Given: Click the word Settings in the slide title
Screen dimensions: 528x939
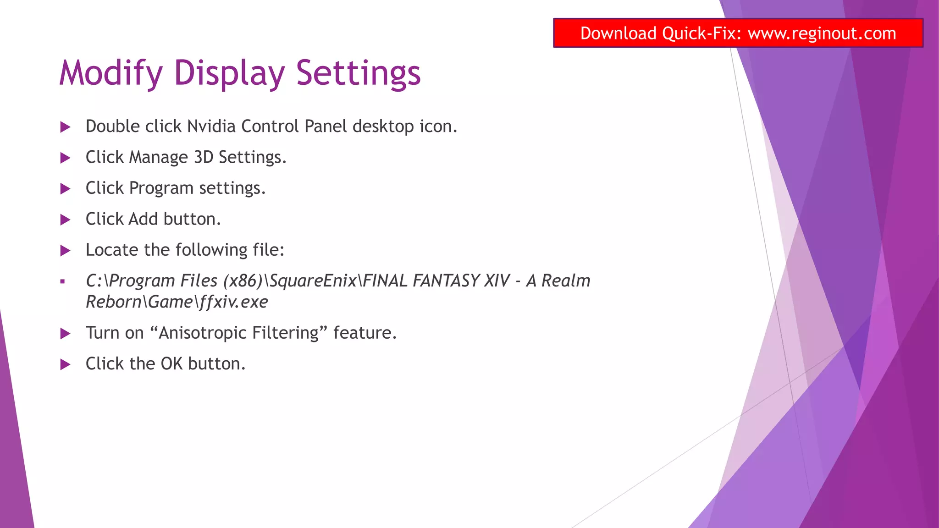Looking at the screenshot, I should click(x=358, y=73).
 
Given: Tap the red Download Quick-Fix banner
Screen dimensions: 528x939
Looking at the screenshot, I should click(x=738, y=33).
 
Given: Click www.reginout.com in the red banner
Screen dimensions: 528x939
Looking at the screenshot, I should click(x=822, y=33).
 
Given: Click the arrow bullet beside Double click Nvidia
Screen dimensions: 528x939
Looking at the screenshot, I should click(x=66, y=127).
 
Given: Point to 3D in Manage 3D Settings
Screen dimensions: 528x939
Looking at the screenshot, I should click(x=204, y=157).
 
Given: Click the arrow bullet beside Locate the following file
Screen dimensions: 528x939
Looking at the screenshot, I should click(x=66, y=251).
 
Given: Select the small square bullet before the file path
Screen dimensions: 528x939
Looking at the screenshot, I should click(x=63, y=282).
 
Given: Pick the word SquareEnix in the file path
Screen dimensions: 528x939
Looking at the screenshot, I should click(x=313, y=281).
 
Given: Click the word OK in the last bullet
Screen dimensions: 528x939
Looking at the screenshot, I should click(x=171, y=364).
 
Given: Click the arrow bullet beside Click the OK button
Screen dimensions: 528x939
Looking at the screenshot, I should click(x=66, y=365).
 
